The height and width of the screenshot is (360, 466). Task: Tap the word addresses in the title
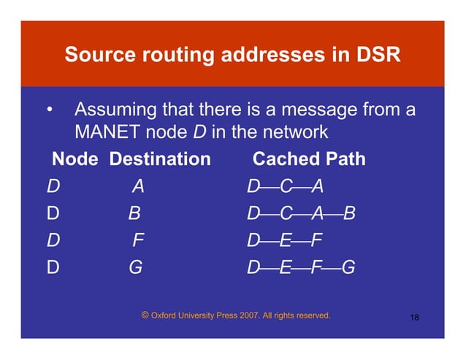(x=274, y=55)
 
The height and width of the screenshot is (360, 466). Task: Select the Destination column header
(x=160, y=158)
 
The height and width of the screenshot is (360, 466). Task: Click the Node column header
(x=75, y=158)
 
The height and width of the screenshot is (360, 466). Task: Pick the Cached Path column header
(x=308, y=158)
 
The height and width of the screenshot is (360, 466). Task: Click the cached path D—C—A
(x=285, y=187)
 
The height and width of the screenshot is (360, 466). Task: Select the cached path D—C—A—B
(x=301, y=214)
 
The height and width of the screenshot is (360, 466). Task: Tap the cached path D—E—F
(x=285, y=241)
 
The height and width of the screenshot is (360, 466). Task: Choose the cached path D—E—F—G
(x=301, y=267)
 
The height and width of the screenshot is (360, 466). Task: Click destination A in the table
(x=137, y=187)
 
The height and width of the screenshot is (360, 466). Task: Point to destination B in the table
(x=134, y=214)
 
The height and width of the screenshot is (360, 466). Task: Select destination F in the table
(x=137, y=241)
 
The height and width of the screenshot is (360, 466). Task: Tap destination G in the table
(x=135, y=267)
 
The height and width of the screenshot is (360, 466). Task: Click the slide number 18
(x=414, y=318)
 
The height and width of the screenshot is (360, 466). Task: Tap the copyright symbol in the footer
(x=145, y=315)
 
